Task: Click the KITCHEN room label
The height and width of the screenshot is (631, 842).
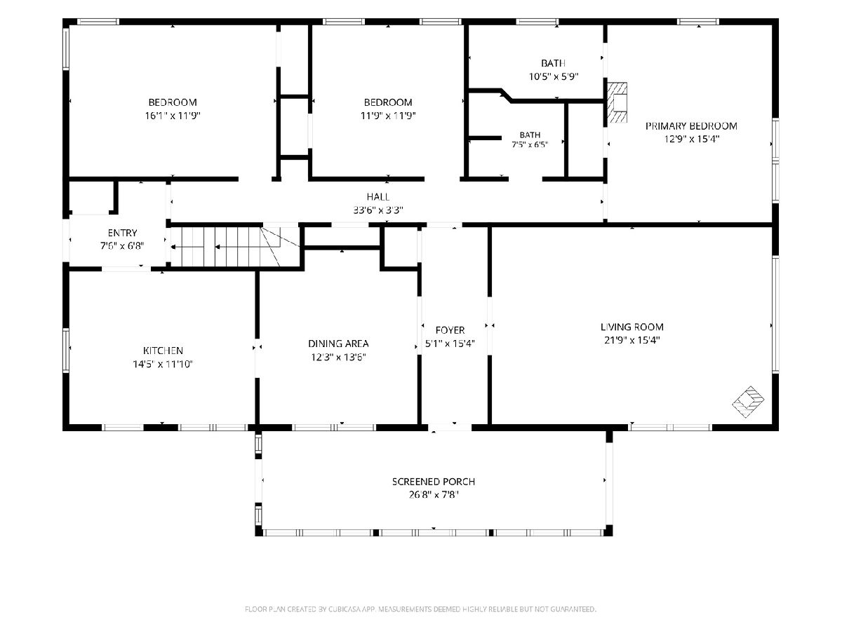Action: [x=163, y=350]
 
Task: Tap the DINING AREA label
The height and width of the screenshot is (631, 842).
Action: [x=338, y=344]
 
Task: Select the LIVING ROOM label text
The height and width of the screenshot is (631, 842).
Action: [x=631, y=327]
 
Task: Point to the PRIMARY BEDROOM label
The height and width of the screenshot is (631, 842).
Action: [x=691, y=126]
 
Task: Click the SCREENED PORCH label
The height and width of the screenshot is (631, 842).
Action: [x=434, y=482]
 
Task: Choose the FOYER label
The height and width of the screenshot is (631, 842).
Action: [x=450, y=330]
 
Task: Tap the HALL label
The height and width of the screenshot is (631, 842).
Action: [x=378, y=197]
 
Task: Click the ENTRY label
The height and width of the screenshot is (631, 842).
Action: [x=122, y=233]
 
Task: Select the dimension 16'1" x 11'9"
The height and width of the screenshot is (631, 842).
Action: [x=173, y=116]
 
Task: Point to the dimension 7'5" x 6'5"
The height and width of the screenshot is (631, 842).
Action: [x=530, y=145]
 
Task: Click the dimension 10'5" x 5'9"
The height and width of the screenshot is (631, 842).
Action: [x=553, y=76]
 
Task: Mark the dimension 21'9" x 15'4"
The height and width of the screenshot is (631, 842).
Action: [x=631, y=340]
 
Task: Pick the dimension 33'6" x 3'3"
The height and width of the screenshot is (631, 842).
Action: [x=378, y=210]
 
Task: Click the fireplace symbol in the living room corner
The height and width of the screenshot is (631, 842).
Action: [x=748, y=402]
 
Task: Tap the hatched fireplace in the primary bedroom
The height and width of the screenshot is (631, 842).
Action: [x=617, y=102]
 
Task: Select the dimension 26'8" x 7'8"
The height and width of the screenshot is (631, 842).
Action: [x=434, y=495]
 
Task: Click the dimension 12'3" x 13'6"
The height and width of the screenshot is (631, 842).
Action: [x=338, y=357]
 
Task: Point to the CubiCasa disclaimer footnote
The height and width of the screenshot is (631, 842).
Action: [x=420, y=609]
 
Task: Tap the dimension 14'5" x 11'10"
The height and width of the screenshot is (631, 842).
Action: [x=163, y=364]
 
